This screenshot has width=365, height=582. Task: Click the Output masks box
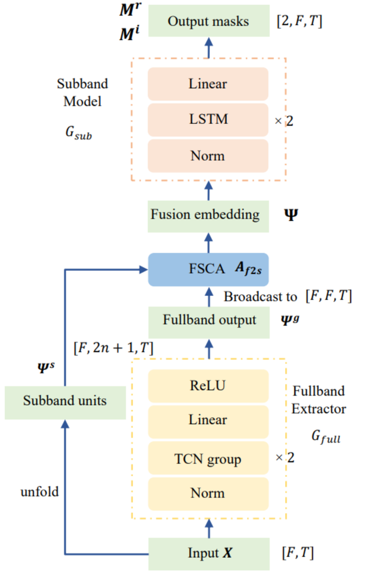pos(208,21)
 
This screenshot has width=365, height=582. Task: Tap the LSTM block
pos(208,119)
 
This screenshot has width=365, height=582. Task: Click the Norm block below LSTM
pos(208,156)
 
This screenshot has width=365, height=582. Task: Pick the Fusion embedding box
pos(208,215)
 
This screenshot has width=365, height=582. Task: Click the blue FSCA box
pos(208,269)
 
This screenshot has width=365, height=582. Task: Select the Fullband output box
pos(208,320)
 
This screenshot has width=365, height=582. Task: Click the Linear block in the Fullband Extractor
pos(208,420)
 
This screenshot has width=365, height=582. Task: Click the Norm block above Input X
pos(208,493)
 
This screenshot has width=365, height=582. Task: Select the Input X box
pos(208,553)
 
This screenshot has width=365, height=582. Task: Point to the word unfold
pos(39,491)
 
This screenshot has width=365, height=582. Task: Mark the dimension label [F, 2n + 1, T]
pos(113,347)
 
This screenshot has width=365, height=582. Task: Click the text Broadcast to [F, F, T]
pos(287,296)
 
